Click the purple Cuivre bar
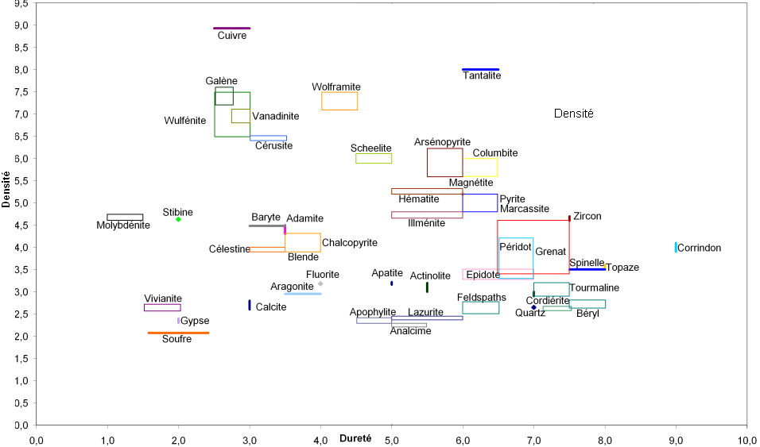232,28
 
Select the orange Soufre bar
178,333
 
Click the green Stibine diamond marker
178,219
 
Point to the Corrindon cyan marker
676,247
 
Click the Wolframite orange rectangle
339,101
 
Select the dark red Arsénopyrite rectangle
444,163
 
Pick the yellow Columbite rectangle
480,168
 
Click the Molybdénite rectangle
125,217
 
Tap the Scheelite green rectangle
374,158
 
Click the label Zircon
587,216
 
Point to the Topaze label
622,268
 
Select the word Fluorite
323,274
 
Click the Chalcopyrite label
350,242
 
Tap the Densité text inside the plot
574,114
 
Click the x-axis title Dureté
355,438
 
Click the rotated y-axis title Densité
6,191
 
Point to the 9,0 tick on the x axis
676,438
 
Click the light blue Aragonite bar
303,294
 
